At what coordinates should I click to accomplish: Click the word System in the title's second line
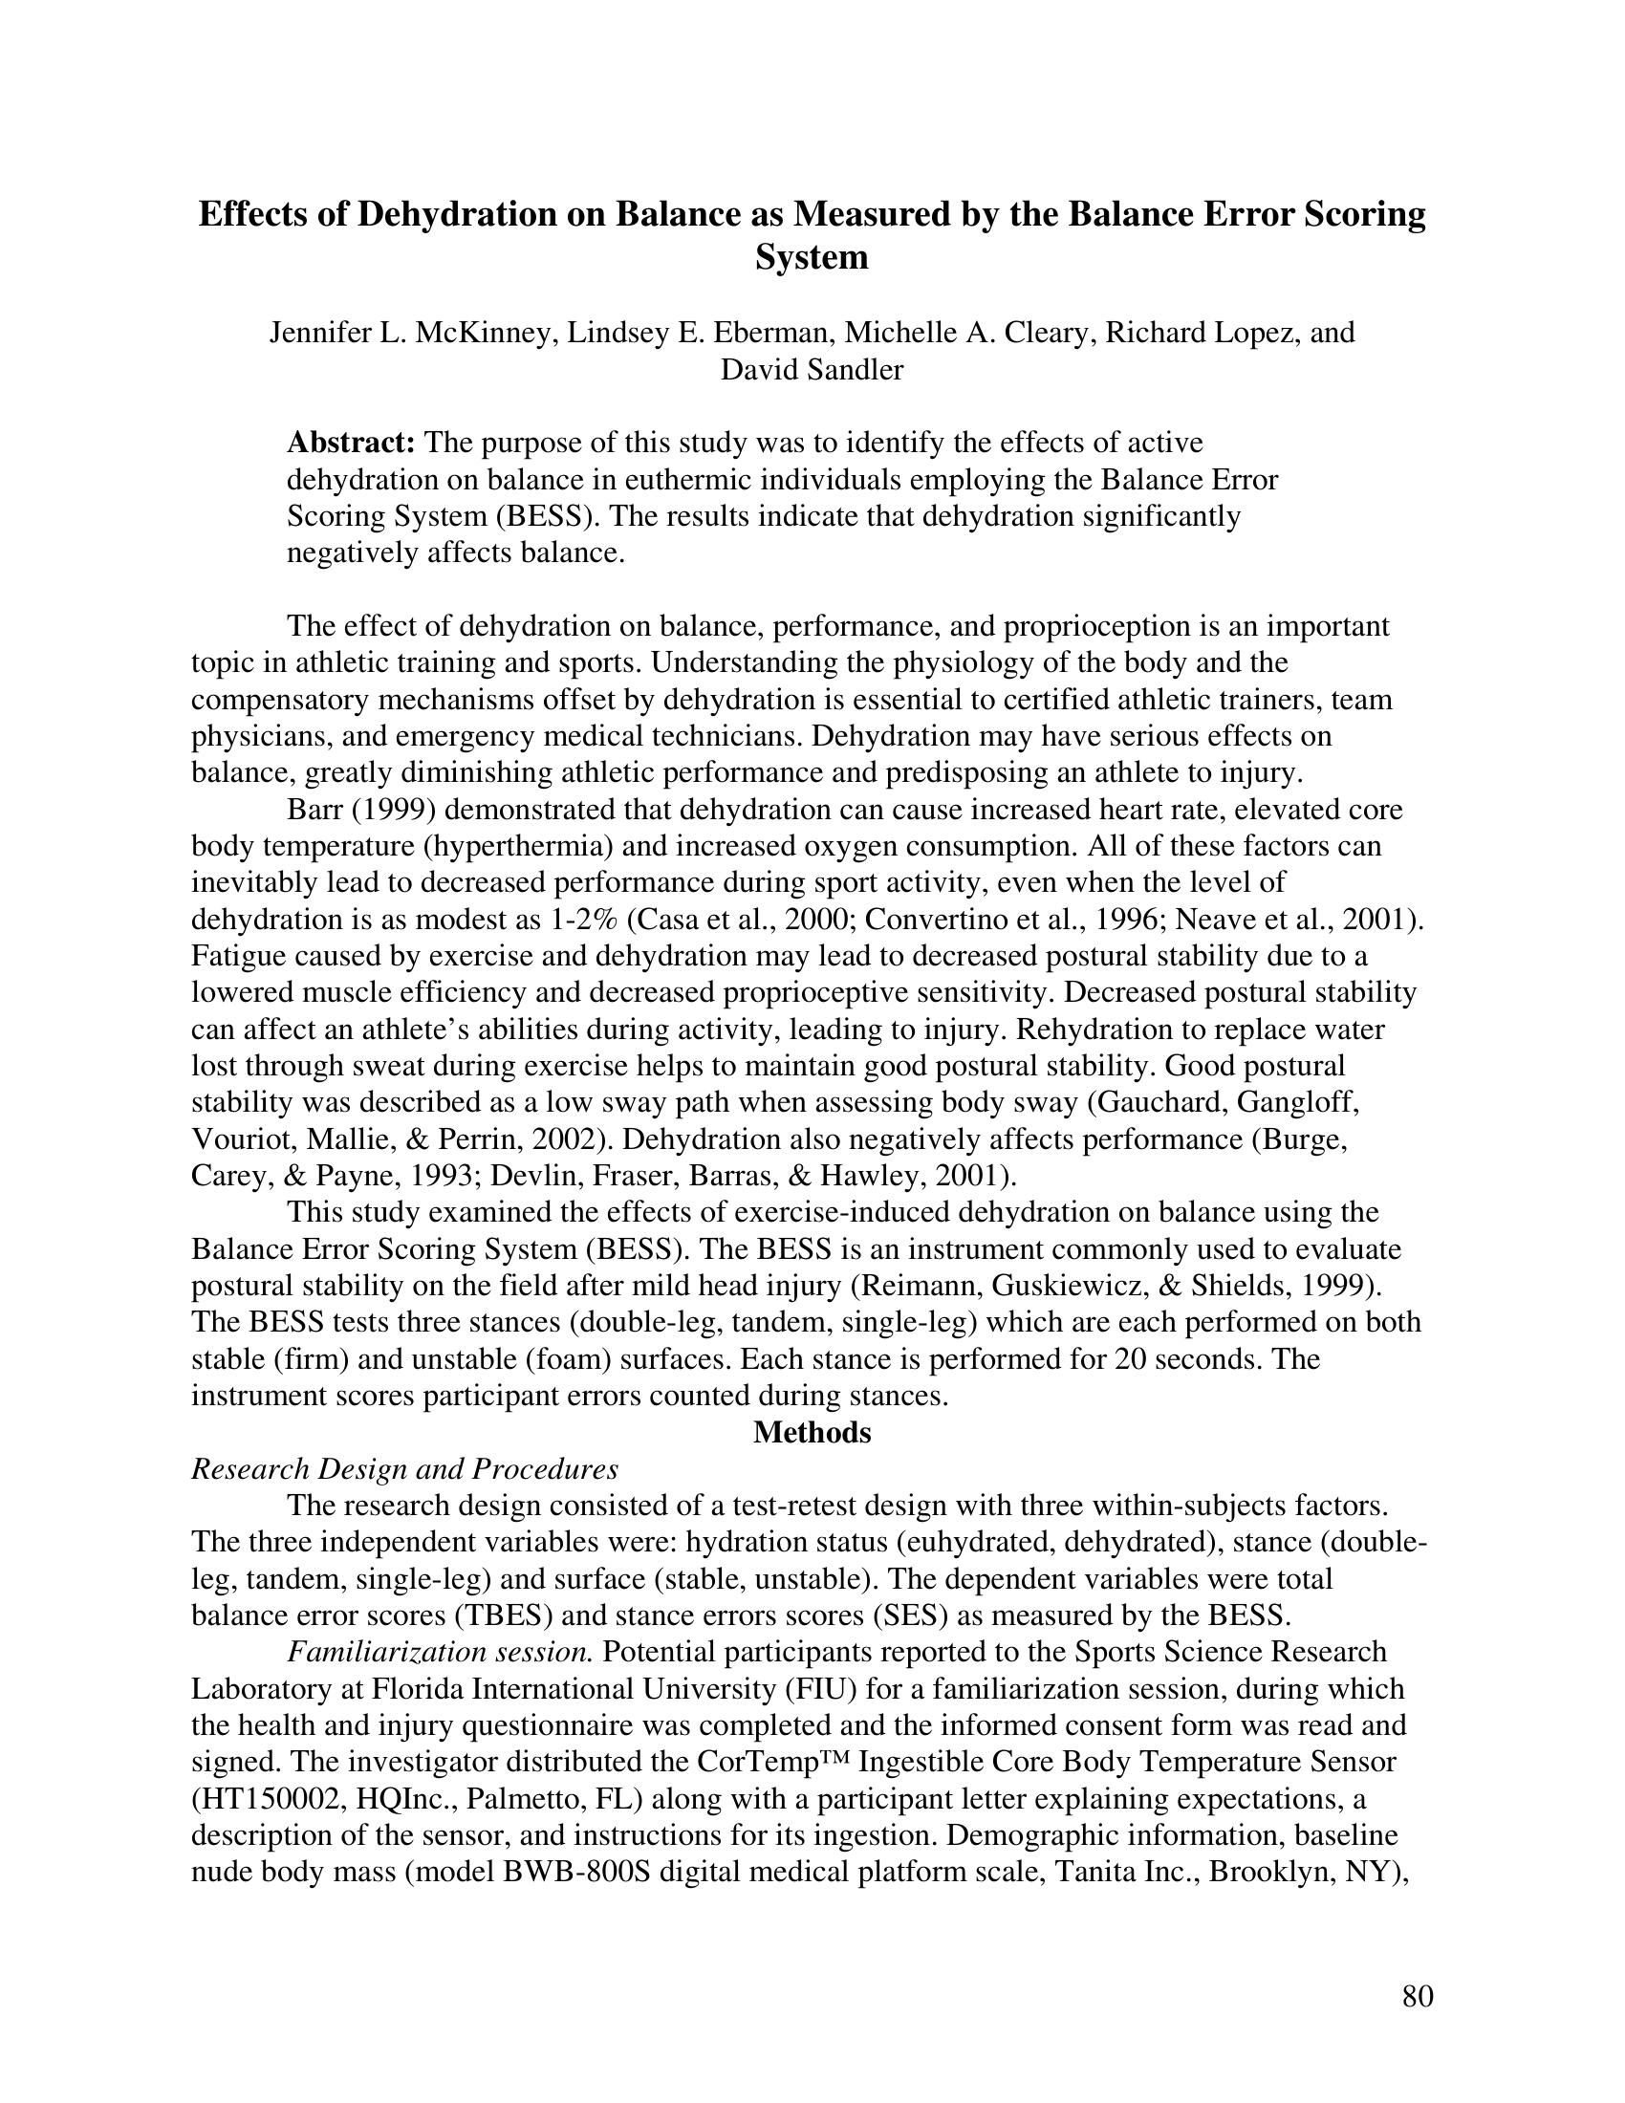tap(811, 257)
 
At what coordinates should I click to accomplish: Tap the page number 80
tap(1417, 1996)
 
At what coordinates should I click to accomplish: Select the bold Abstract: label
tap(352, 443)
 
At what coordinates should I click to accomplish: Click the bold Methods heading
tap(812, 1433)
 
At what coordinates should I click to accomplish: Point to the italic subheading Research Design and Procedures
tap(404, 1469)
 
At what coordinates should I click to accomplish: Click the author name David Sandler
tap(812, 370)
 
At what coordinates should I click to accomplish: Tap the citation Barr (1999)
tap(356, 810)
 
